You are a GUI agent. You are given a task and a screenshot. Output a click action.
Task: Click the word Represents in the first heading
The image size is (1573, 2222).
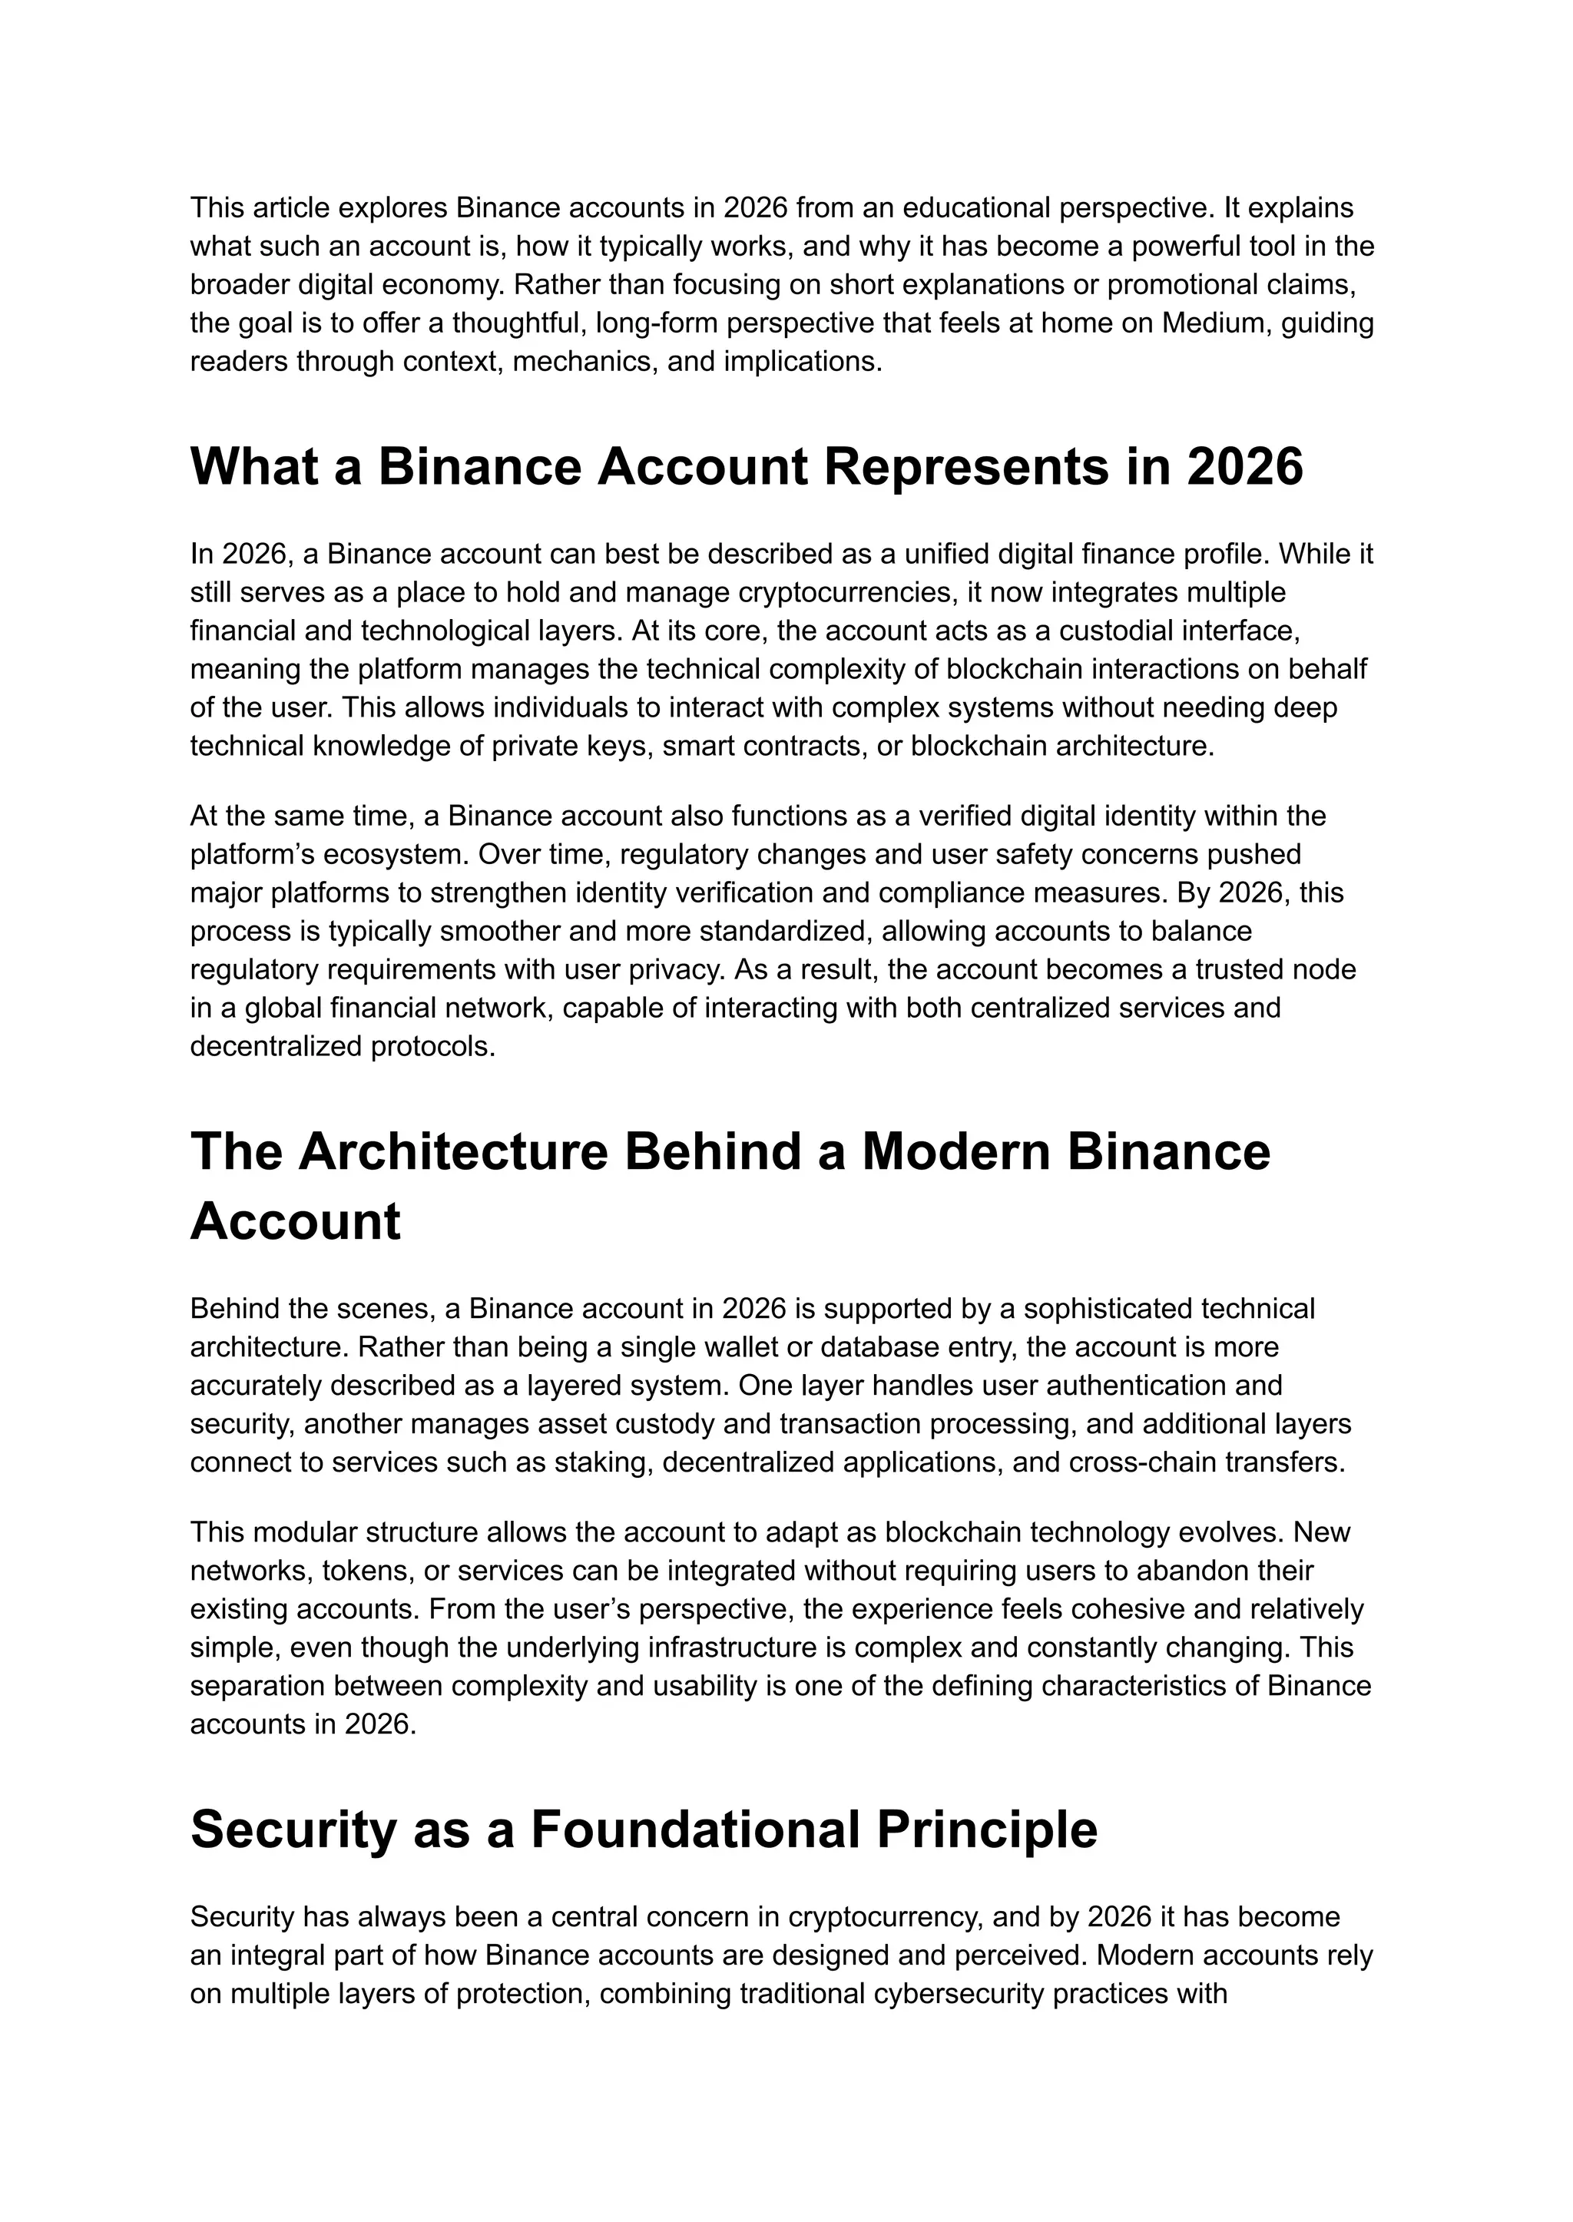tap(965, 467)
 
